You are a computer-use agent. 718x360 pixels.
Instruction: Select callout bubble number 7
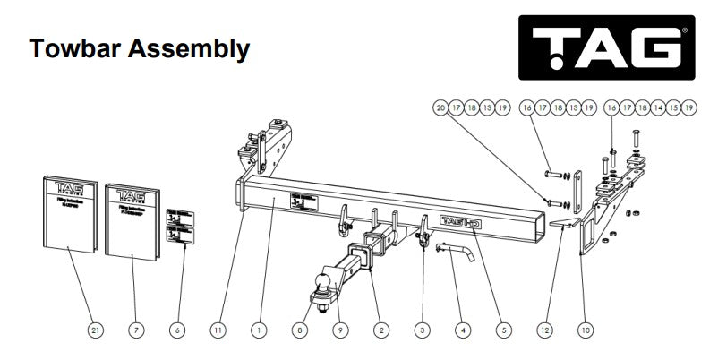135,330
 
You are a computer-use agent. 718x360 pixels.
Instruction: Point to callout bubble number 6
176,330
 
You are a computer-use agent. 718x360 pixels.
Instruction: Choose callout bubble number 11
218,330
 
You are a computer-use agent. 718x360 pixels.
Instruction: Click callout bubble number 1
259,330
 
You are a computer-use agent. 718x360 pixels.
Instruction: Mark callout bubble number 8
300,330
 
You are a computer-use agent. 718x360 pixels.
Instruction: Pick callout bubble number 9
340,330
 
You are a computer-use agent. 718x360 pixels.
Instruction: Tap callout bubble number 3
422,330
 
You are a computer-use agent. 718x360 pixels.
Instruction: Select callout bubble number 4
463,330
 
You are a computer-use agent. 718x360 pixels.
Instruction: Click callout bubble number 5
503,330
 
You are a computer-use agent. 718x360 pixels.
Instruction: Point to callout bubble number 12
544,330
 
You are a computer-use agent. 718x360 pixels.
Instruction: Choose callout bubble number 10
586,330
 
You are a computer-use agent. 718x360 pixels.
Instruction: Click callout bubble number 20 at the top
440,107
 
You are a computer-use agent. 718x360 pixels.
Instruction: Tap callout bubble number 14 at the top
661,107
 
